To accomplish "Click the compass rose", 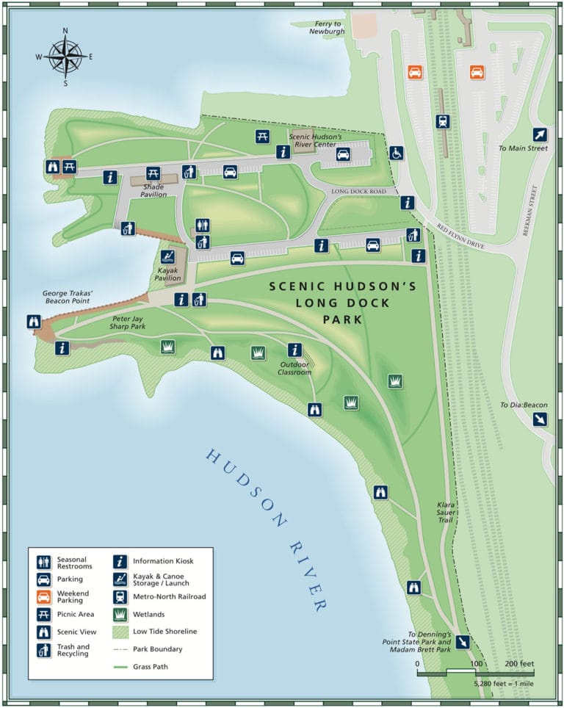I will pyautogui.click(x=65, y=57).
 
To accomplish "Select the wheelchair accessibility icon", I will pyautogui.click(x=396, y=153).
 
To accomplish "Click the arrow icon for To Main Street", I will pyautogui.click(x=540, y=134).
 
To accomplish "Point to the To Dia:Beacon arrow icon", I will pyautogui.click(x=540, y=419).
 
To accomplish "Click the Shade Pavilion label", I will pyautogui.click(x=153, y=190).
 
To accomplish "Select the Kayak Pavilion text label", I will pyautogui.click(x=168, y=275).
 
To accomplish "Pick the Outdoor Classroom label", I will pyautogui.click(x=294, y=368).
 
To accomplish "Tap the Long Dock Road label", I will pyautogui.click(x=358, y=192).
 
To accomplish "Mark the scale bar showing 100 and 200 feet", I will pyautogui.click(x=475, y=672).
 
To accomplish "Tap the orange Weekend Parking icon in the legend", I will pyautogui.click(x=44, y=596).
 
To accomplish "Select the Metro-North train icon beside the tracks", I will pyautogui.click(x=442, y=122).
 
